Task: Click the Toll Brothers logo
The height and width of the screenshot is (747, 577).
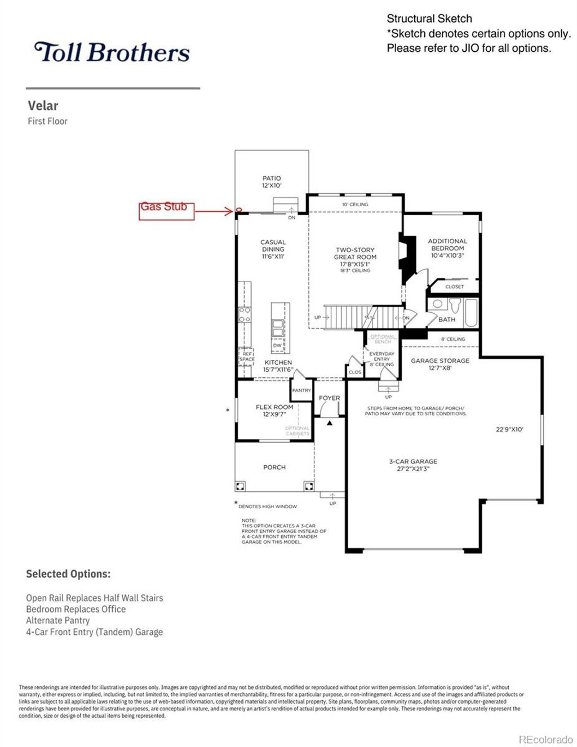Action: [112, 52]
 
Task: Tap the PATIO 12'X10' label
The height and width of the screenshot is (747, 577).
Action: [272, 182]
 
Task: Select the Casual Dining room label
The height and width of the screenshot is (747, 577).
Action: [273, 249]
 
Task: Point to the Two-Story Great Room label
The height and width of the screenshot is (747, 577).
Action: [355, 256]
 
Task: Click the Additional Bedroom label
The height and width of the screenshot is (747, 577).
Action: [447, 248]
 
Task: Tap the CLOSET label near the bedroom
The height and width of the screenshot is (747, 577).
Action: [454, 287]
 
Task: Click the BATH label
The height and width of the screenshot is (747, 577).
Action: [447, 319]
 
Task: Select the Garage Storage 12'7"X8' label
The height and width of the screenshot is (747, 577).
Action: [440, 364]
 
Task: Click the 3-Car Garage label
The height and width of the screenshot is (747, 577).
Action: [413, 465]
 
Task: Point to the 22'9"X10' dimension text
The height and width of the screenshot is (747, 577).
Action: [509, 429]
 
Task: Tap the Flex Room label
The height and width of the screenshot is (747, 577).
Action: [274, 410]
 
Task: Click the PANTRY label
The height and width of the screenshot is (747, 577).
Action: [301, 390]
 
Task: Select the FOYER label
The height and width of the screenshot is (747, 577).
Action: [330, 398]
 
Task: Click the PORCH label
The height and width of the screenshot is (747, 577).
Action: [274, 467]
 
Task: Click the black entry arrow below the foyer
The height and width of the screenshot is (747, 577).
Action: [330, 422]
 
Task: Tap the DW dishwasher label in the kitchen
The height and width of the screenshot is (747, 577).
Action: [277, 345]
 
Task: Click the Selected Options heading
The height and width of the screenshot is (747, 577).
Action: [68, 574]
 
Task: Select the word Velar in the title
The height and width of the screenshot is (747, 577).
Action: [43, 105]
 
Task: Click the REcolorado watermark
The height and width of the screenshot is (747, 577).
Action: [545, 740]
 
